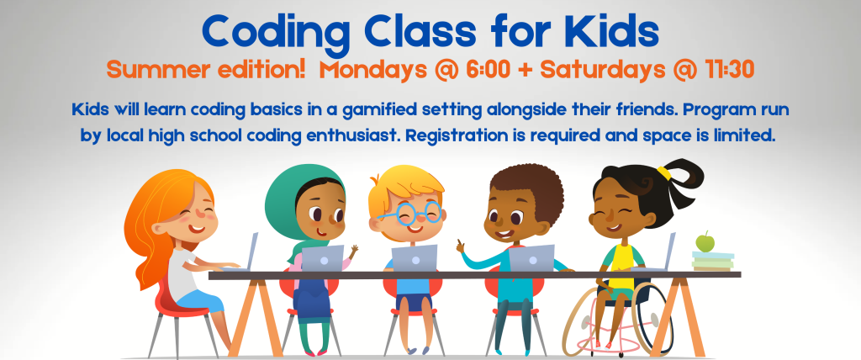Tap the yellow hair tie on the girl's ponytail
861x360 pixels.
click(x=664, y=173)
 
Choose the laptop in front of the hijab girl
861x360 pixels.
click(x=321, y=257)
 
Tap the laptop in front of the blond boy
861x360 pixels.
click(x=415, y=257)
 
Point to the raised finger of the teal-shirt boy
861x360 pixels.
click(x=459, y=243)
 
